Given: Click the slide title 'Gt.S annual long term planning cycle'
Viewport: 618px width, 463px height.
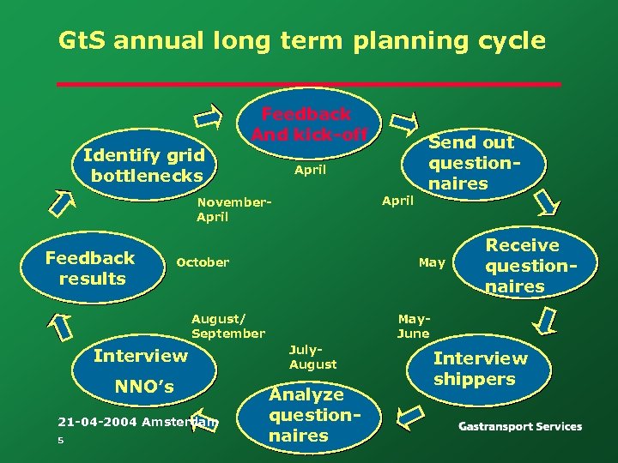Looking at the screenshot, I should (x=301, y=40).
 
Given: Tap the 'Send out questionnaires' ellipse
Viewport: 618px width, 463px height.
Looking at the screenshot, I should (x=472, y=163).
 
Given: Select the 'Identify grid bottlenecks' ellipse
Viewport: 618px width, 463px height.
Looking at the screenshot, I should (x=143, y=165).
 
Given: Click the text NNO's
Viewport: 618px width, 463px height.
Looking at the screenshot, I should (x=145, y=388).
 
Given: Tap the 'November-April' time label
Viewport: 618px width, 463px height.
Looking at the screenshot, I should (x=233, y=210).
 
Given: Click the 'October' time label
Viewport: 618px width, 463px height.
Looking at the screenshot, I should (x=203, y=262).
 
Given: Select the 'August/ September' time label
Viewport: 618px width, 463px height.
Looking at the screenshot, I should (x=227, y=326).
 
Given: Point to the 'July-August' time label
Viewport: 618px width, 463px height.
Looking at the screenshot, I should (x=312, y=358).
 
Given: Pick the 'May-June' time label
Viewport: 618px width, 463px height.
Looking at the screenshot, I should (x=413, y=326).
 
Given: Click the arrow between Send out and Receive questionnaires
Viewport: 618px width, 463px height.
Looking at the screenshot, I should (x=546, y=203).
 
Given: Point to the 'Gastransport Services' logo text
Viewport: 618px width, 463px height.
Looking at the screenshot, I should (x=519, y=426).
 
